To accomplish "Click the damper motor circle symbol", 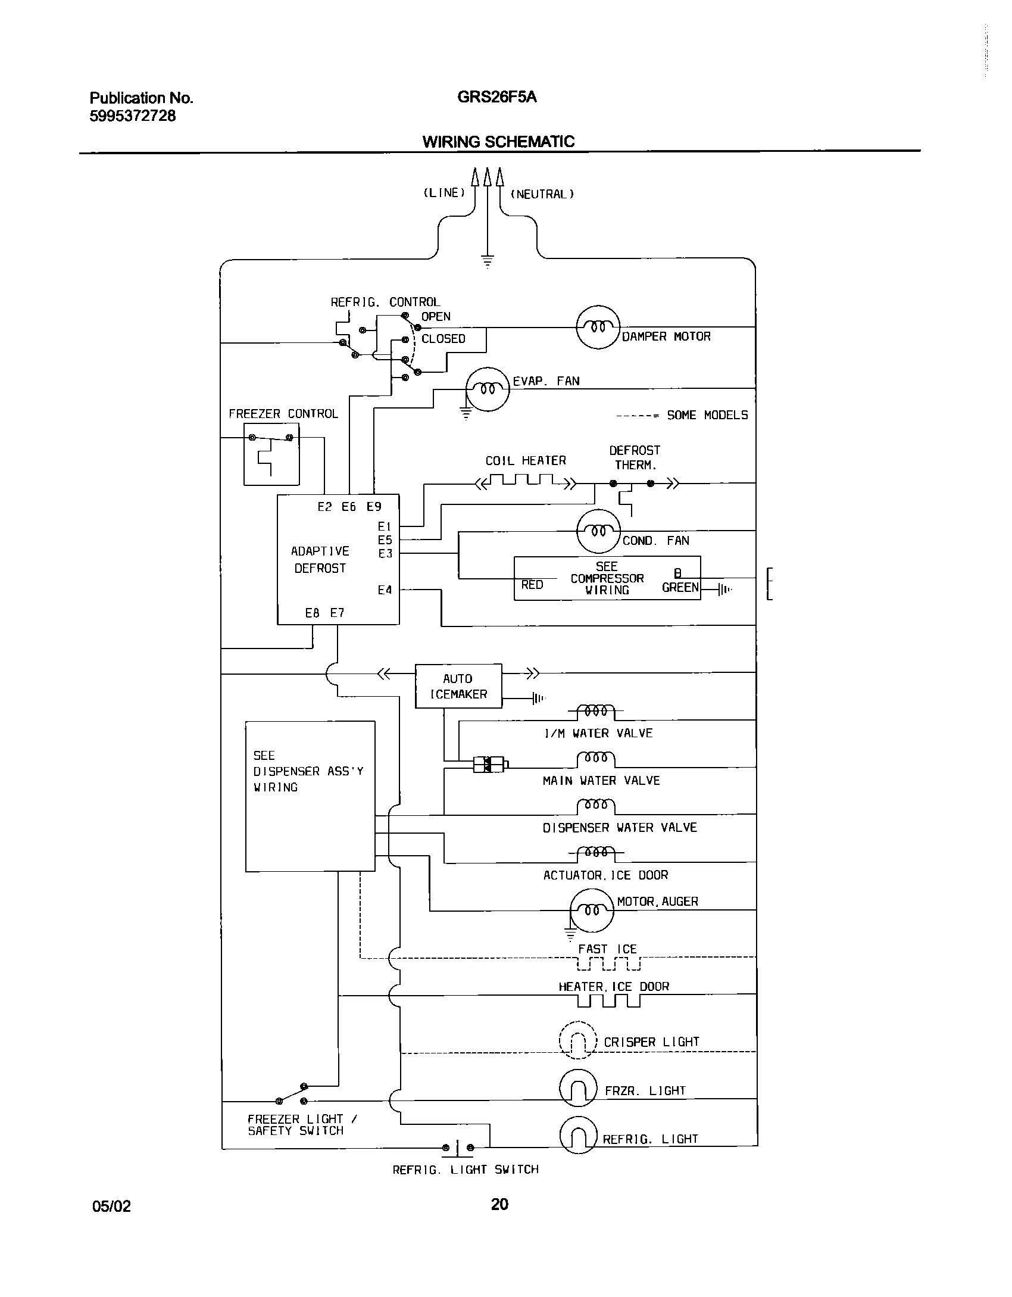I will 598,327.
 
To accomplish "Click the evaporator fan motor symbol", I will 487,389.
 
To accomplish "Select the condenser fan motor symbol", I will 598,531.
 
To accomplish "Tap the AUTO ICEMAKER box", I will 458,686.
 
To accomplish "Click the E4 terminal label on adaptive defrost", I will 385,590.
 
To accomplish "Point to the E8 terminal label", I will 313,613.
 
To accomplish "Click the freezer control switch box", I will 271,454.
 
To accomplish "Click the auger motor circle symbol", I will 591,909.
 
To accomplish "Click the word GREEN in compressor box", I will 680,588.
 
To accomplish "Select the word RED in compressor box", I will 532,585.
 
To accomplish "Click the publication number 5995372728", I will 133,116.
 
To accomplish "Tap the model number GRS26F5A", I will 496,97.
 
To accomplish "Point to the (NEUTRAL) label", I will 542,194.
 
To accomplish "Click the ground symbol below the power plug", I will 488,261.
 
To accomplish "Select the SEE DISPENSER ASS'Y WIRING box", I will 310,796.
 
